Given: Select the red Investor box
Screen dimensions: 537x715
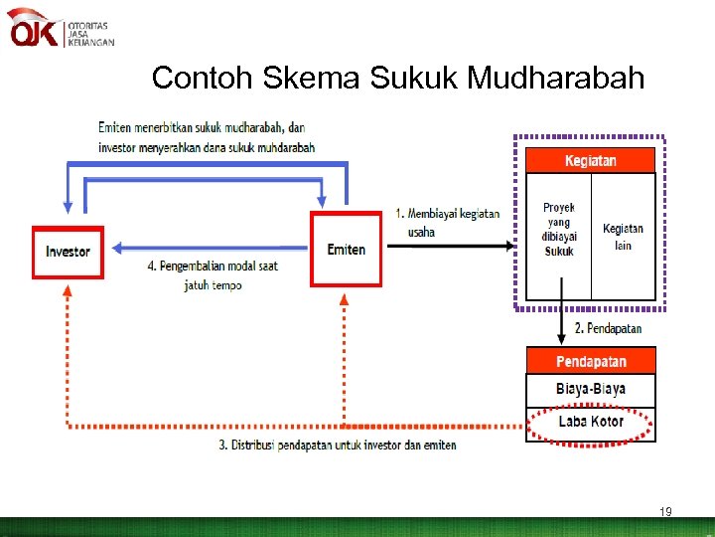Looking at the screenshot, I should (68, 251).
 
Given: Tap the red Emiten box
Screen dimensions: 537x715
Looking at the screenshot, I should (346, 249).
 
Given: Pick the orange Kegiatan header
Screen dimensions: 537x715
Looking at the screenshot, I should (590, 160).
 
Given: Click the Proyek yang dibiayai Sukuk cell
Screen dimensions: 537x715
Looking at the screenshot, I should (558, 230).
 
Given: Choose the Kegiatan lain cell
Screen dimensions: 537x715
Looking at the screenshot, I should (623, 237).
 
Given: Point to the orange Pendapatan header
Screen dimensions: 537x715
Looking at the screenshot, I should (591, 361).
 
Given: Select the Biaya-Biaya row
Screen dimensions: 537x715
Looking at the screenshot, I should (591, 389).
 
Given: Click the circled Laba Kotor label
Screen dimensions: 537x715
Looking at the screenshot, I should (591, 422).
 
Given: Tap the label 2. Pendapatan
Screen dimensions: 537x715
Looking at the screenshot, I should (608, 328).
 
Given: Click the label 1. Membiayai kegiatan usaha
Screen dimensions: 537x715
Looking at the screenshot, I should (447, 223).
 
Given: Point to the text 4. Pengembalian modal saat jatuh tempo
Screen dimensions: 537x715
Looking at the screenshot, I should (213, 275).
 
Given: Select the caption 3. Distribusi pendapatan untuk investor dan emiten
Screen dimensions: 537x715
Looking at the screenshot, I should (338, 445).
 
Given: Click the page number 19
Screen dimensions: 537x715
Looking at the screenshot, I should (665, 512).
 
